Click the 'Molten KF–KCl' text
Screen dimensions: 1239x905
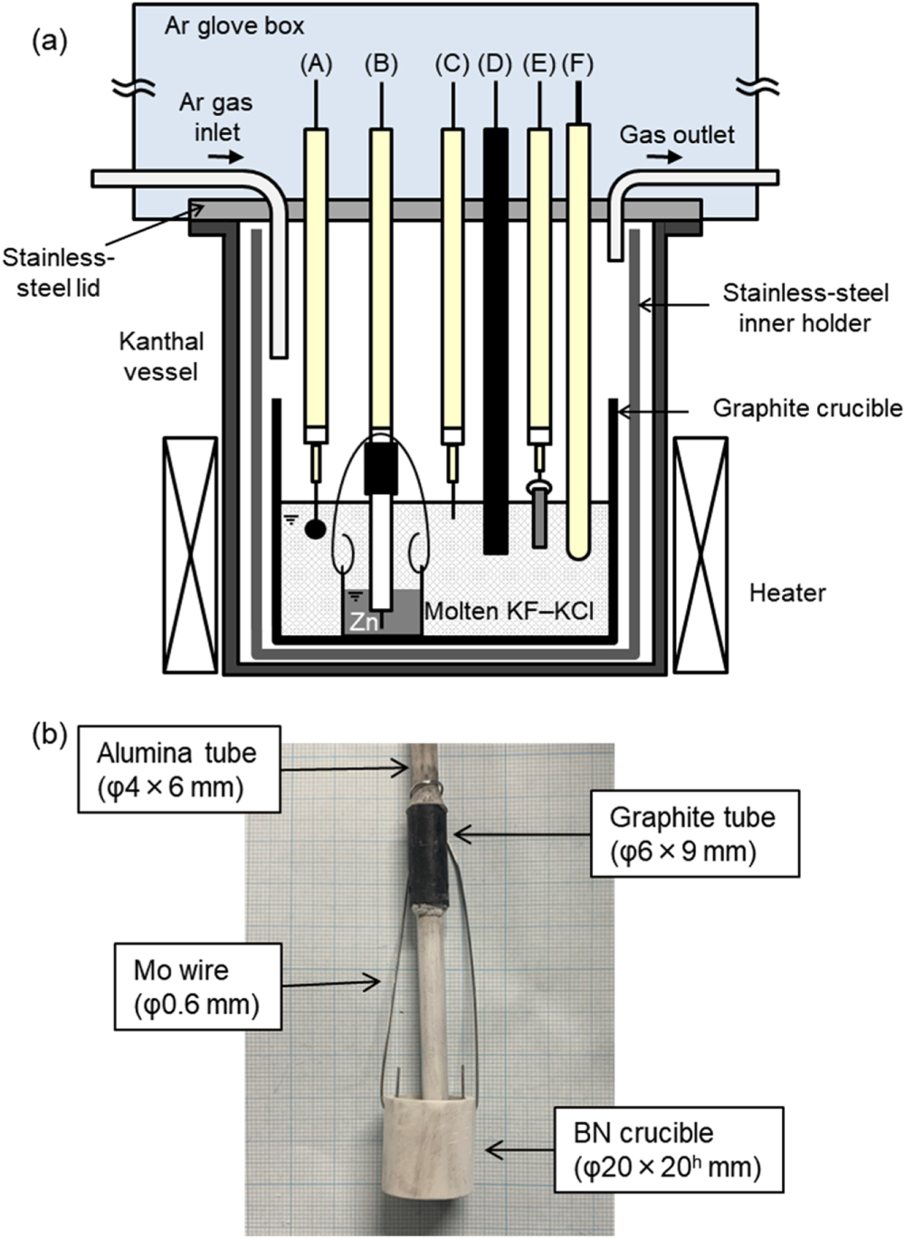pos(510,611)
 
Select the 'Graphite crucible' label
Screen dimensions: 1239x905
pos(807,408)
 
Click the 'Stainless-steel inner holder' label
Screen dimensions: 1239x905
pos(805,308)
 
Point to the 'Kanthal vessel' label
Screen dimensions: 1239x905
pos(162,357)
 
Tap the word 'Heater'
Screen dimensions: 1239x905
pos(787,594)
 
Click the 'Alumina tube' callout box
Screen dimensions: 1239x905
pos(176,769)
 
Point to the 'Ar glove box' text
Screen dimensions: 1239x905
pos(234,25)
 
